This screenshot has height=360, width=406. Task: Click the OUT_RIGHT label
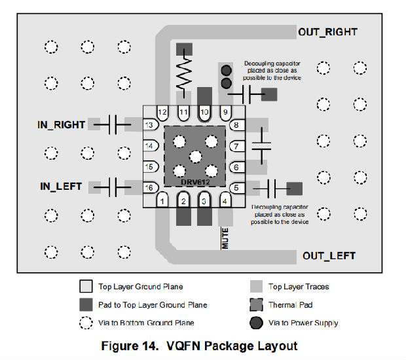click(x=327, y=31)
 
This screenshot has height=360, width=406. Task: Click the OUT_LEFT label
click(x=329, y=256)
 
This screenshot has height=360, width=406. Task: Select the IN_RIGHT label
click(x=62, y=124)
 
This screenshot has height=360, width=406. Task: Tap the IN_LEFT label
click(x=61, y=187)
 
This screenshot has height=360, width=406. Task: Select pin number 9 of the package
click(x=226, y=113)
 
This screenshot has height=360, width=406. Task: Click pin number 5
click(x=236, y=188)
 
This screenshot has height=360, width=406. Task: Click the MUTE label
click(x=224, y=239)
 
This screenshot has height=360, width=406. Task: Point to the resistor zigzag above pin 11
click(x=184, y=73)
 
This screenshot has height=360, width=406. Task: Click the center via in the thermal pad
click(x=194, y=156)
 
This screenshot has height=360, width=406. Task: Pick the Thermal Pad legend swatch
click(x=257, y=305)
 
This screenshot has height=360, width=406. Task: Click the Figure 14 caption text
click(x=199, y=346)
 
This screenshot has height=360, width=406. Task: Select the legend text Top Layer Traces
click(x=299, y=287)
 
